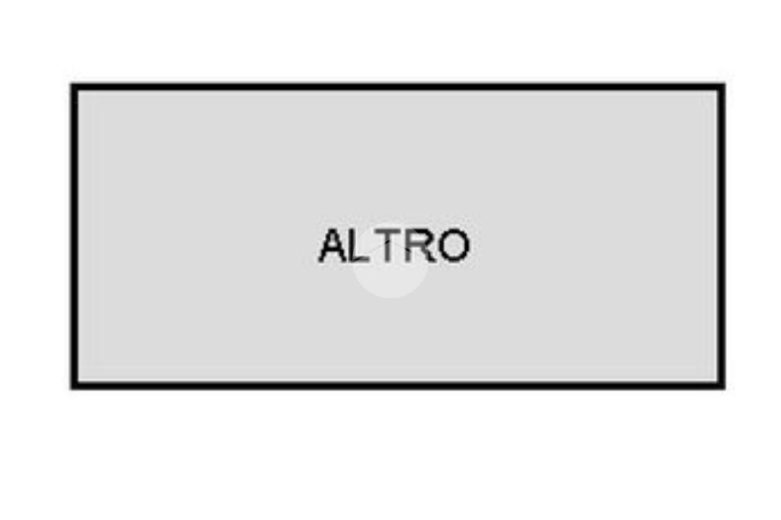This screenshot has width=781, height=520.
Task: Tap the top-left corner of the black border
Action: pyautogui.click(x=71, y=84)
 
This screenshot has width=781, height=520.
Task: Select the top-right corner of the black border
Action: pyautogui.click(x=725, y=84)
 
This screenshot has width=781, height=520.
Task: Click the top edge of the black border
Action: pyautogui.click(x=398, y=87)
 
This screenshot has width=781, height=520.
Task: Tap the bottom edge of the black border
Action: pyautogui.click(x=398, y=386)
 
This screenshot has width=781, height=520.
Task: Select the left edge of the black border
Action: pyautogui.click(x=74, y=236)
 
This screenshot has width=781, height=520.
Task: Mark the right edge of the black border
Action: pyautogui.click(x=722, y=236)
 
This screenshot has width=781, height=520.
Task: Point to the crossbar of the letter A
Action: pyautogui.click(x=333, y=252)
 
